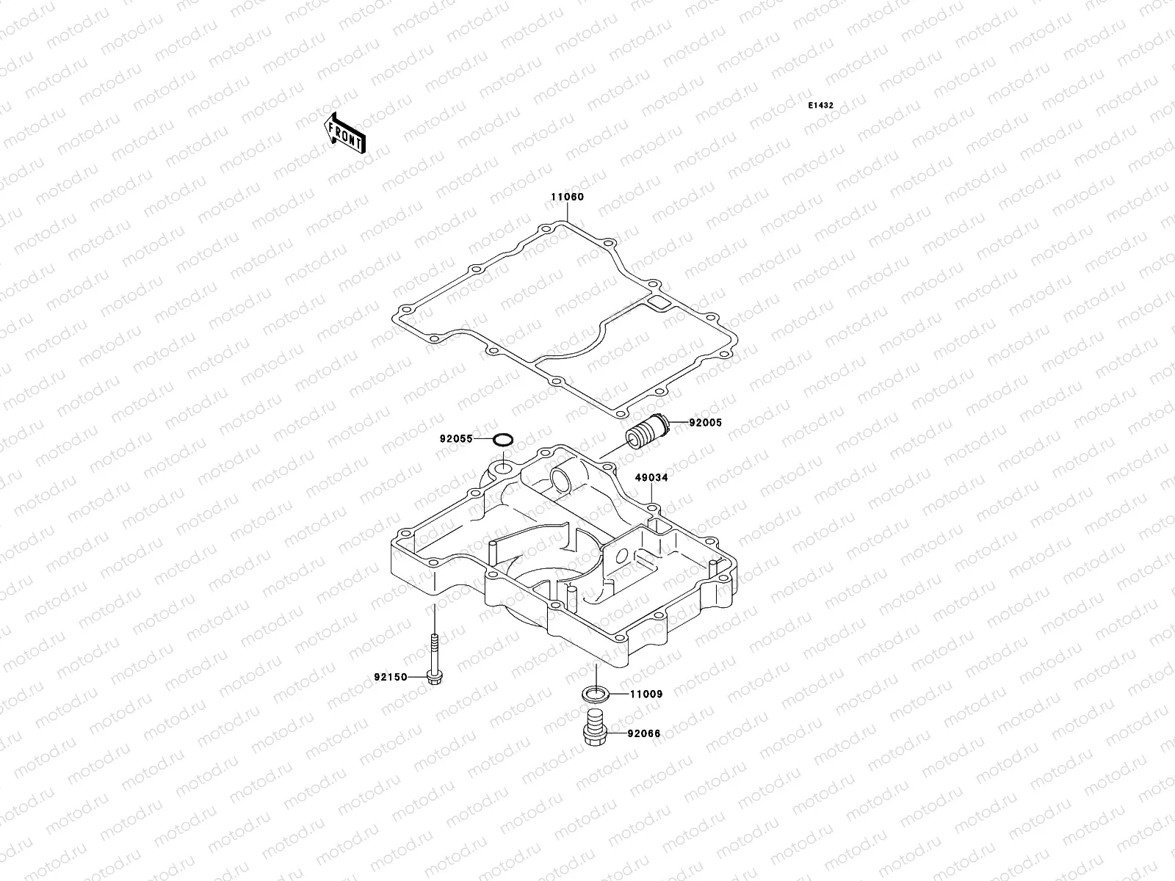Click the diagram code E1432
click(821, 106)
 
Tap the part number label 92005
click(706, 423)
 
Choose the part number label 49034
click(651, 478)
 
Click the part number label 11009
click(647, 694)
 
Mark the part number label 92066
click(644, 733)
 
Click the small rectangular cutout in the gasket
click(657, 302)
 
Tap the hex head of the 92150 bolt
click(434, 674)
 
